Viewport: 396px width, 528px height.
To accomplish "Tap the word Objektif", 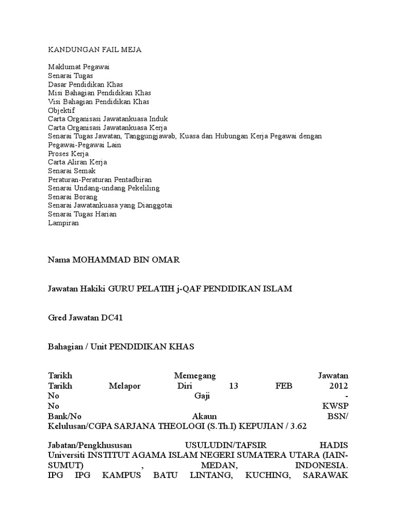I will (61, 110).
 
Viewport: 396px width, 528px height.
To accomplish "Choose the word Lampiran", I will (62, 223).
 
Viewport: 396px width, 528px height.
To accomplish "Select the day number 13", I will (234, 386).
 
